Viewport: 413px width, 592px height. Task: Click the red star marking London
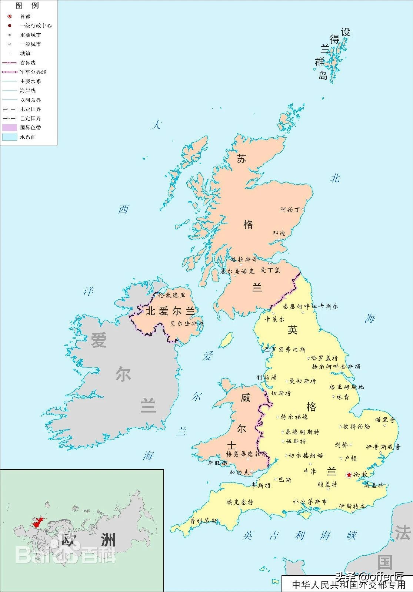pyautogui.click(x=349, y=475)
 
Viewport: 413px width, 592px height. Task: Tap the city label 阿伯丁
pyautogui.click(x=290, y=210)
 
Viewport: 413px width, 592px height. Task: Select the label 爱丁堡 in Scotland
pyautogui.click(x=270, y=270)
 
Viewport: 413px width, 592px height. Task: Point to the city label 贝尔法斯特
pyautogui.click(x=187, y=324)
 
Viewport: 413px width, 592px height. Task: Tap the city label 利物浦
pyautogui.click(x=266, y=377)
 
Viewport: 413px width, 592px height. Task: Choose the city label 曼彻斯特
pyautogui.click(x=302, y=381)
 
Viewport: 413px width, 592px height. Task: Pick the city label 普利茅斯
pyautogui.click(x=203, y=521)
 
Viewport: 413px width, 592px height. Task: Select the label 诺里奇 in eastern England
pyautogui.click(x=385, y=420)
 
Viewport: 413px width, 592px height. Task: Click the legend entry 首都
pyautogui.click(x=25, y=16)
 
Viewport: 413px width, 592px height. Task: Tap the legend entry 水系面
pyautogui.click(x=28, y=137)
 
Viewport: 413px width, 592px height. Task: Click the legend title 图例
pyautogui.click(x=27, y=6)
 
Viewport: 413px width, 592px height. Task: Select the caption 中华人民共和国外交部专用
pyautogui.click(x=348, y=585)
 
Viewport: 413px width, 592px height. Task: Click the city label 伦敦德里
pyautogui.click(x=171, y=295)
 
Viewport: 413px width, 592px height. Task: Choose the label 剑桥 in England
pyautogui.click(x=341, y=445)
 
